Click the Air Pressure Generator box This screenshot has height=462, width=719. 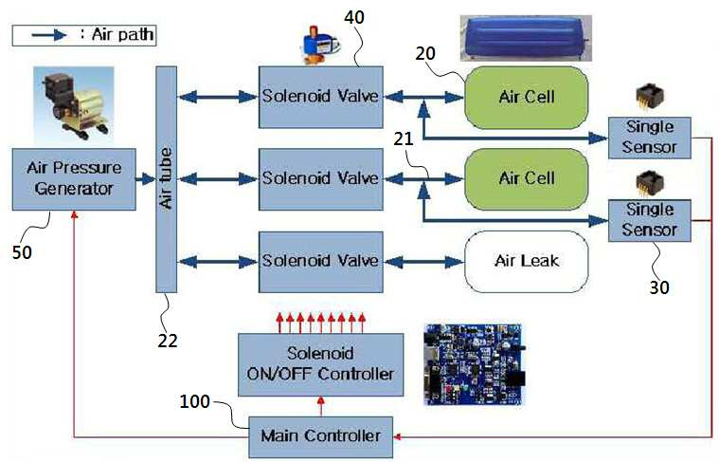pos(74,179)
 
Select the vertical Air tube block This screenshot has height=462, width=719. pos(166,179)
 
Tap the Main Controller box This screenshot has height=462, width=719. pos(320,436)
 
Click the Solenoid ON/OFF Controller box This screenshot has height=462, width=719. pos(320,364)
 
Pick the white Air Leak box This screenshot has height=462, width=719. pos(527,261)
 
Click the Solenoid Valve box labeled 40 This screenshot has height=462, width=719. pos(320,97)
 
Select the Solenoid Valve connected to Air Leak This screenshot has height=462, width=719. pos(320,262)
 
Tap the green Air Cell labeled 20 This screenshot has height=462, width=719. pos(527,98)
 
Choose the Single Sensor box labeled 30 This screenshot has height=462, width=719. pos(649,220)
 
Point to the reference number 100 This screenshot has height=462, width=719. pos(194,402)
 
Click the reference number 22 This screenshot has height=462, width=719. pos(168,341)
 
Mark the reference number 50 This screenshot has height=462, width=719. pos(22,252)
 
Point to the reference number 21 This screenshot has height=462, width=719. pos(404,139)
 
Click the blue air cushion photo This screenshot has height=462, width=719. pos(526,38)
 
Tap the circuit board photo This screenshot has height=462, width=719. pos(475,364)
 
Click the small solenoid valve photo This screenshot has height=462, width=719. pos(319,45)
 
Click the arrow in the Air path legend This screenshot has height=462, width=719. pos(49,35)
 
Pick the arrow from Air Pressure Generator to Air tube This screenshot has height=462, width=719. pos(146,179)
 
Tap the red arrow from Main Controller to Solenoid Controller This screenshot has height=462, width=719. pos(320,406)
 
